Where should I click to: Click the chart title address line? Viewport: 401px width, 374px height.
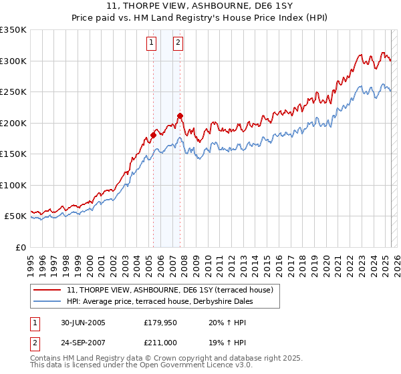tap(200, 5)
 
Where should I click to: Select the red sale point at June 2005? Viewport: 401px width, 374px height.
tap(153, 135)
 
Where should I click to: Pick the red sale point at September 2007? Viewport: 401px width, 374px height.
tap(180, 116)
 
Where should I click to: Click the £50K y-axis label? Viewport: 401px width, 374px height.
tap(15, 216)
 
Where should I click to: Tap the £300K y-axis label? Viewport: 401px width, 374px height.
tap(13, 61)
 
